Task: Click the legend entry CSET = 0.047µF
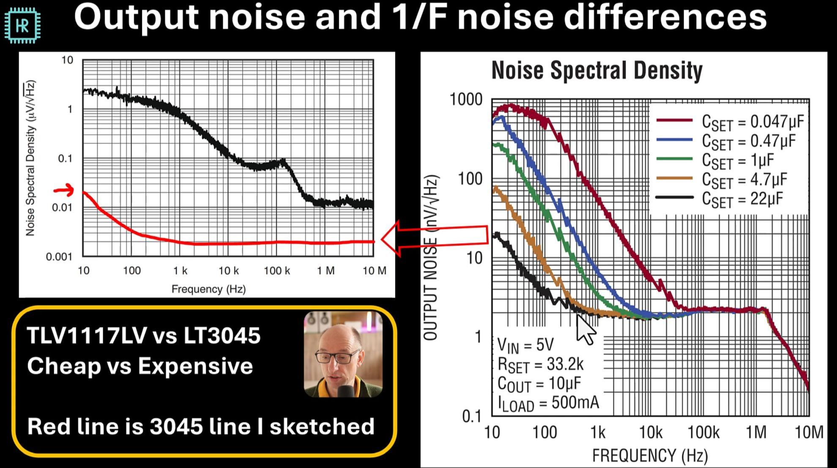[752, 122]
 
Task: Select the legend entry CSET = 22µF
[742, 199]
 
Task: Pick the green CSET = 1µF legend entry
[738, 161]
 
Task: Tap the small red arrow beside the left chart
[64, 191]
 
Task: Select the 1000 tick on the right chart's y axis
[466, 100]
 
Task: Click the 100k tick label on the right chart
[703, 432]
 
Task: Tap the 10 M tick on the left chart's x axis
[374, 271]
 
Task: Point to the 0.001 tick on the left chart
[59, 257]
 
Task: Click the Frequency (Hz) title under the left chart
[208, 289]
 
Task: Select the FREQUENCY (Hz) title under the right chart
[650, 455]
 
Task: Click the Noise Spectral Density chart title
[596, 71]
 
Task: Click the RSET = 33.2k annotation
[541, 364]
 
